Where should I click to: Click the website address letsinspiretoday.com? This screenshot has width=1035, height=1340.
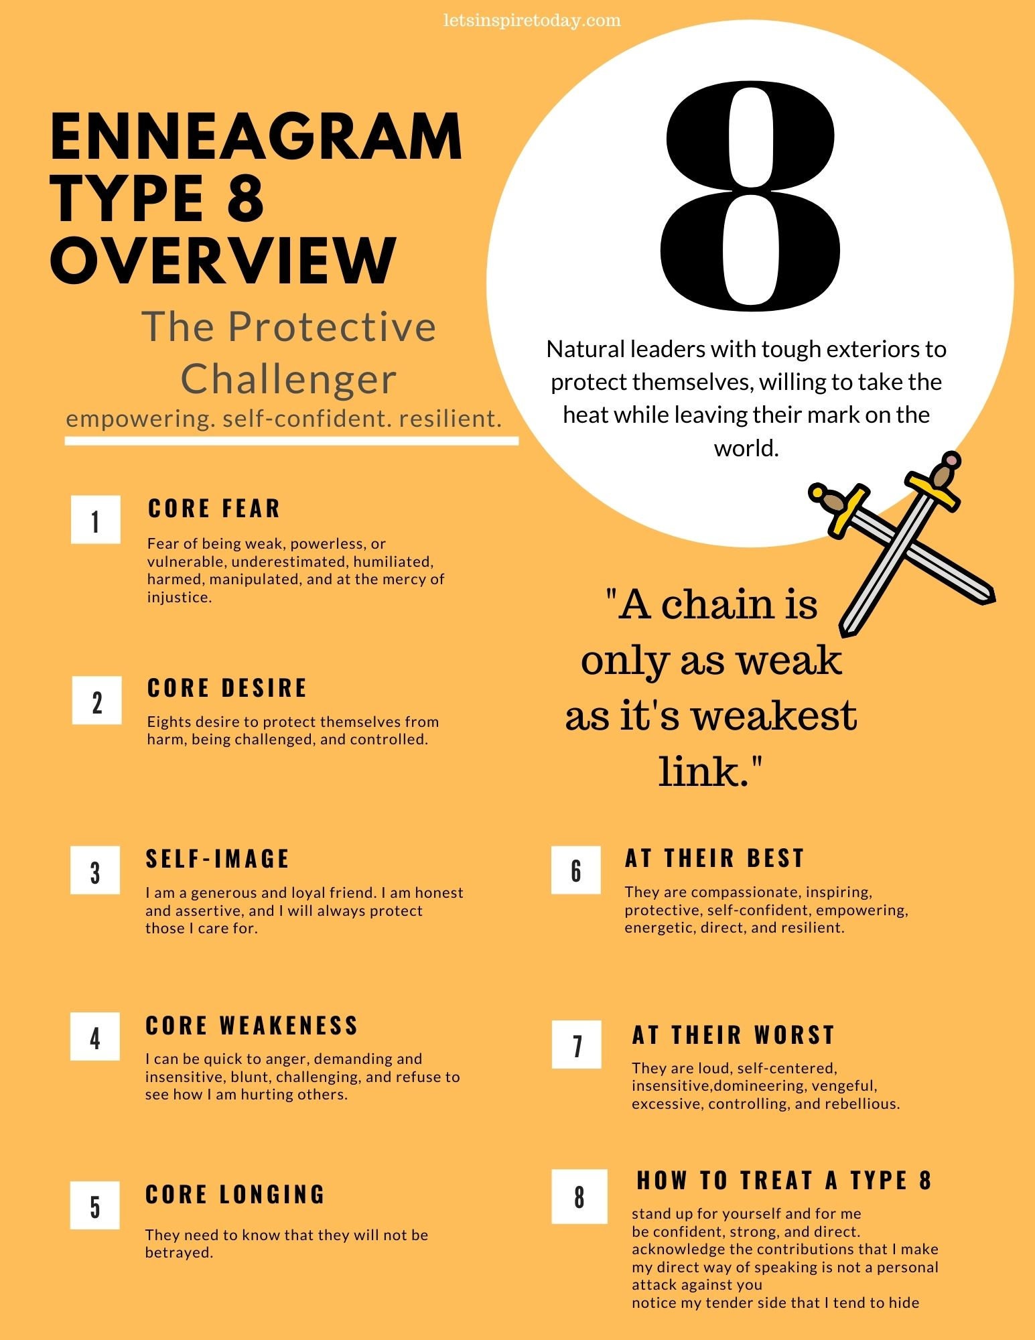[532, 20]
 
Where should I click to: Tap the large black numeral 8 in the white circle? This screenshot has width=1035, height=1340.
[750, 196]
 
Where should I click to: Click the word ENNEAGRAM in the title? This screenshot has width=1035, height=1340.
[256, 137]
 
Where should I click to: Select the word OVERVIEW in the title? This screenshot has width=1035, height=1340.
[224, 260]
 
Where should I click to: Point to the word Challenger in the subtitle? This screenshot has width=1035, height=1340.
[289, 379]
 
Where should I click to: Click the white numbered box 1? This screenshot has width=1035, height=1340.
[96, 519]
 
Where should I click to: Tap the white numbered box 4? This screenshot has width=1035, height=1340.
[95, 1036]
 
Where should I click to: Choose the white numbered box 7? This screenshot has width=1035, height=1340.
[577, 1045]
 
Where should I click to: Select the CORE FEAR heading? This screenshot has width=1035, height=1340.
[214, 509]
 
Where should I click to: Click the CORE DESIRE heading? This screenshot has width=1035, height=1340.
[227, 688]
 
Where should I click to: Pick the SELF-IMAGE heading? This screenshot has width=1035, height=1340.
[218, 859]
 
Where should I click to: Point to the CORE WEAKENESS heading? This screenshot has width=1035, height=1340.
[252, 1026]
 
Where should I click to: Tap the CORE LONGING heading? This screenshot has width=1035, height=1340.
[235, 1195]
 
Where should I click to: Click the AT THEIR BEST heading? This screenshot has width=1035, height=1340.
[715, 858]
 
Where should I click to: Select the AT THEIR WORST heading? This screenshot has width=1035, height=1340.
[734, 1035]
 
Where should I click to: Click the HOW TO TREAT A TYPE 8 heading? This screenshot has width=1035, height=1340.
[784, 1181]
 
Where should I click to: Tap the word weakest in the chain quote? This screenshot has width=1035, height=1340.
[774, 715]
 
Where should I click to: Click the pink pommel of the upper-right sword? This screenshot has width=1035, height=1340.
[951, 460]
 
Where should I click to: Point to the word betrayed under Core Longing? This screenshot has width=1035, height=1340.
[179, 1253]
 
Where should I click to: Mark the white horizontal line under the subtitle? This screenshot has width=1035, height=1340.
[291, 441]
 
